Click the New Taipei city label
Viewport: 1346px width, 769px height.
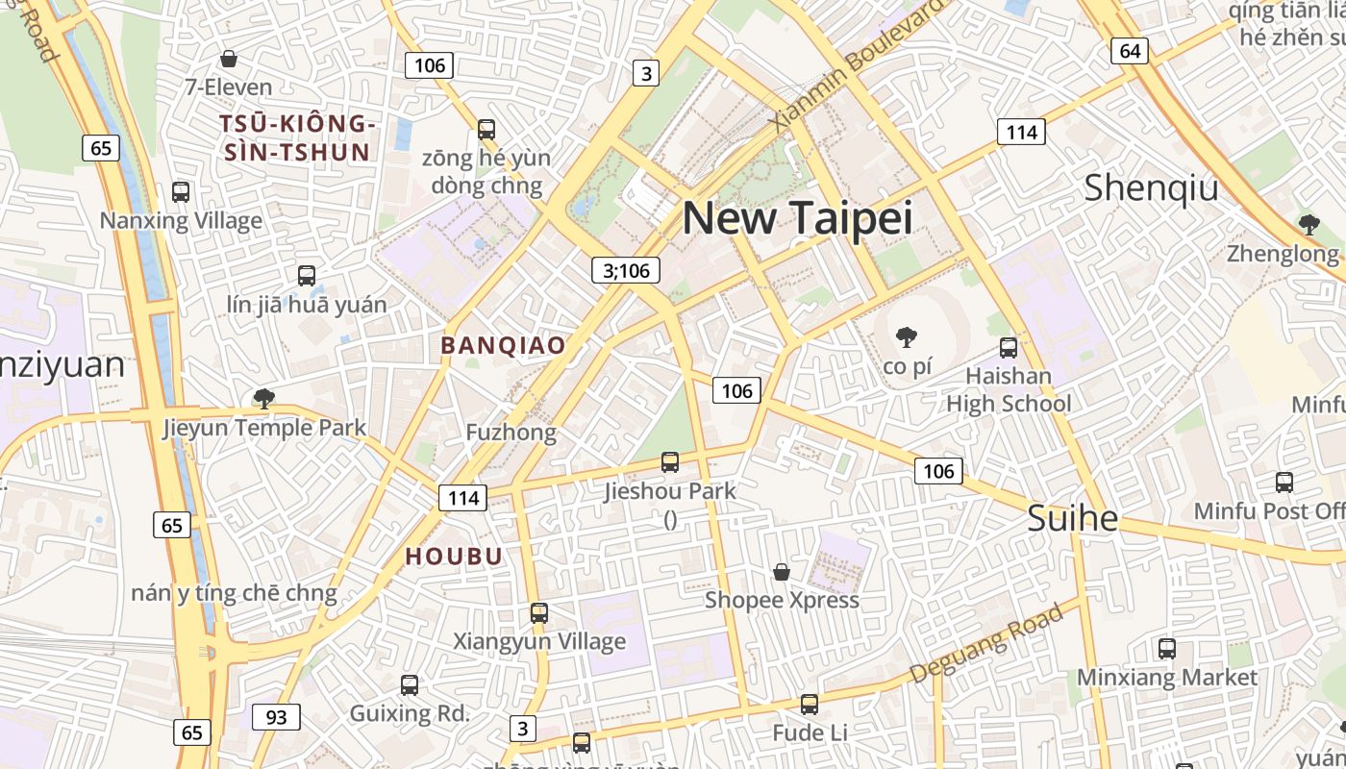pyautogui.click(x=797, y=218)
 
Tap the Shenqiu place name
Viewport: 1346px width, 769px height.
pyautogui.click(x=1151, y=188)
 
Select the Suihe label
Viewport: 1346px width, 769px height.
pyautogui.click(x=1072, y=519)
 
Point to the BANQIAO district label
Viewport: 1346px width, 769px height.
pyautogui.click(x=503, y=345)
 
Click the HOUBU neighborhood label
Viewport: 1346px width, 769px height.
pyautogui.click(x=454, y=557)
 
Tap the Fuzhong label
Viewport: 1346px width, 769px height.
pyautogui.click(x=511, y=433)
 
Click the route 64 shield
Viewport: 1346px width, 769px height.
pyautogui.click(x=1130, y=50)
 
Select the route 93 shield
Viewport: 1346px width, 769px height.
pyautogui.click(x=276, y=717)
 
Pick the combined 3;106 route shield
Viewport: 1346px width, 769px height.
pyautogui.click(x=626, y=270)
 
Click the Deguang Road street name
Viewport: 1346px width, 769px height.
pyautogui.click(x=986, y=641)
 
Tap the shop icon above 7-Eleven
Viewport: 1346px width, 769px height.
pyautogui.click(x=229, y=59)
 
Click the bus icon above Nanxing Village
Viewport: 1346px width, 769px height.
pyautogui.click(x=181, y=191)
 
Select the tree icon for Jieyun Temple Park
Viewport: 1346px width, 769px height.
pyautogui.click(x=262, y=398)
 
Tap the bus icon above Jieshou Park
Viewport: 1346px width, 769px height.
pyautogui.click(x=670, y=462)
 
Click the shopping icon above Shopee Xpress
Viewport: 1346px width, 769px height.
pyautogui.click(x=782, y=572)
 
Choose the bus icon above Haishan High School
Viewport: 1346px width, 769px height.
pyautogui.click(x=1008, y=347)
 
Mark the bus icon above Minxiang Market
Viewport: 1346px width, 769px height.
pyautogui.click(x=1166, y=649)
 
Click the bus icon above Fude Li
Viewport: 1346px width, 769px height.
pyautogui.click(x=810, y=705)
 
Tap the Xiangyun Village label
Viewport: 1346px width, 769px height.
pyautogui.click(x=539, y=641)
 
